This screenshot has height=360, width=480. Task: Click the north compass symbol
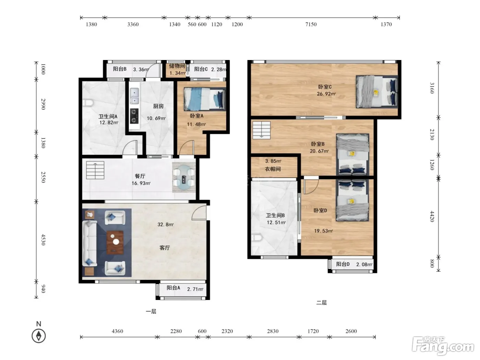click(39, 336)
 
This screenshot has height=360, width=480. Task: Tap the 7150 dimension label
click(311, 24)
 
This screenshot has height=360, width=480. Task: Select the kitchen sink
click(134, 96)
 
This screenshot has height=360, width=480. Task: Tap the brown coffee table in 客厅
click(115, 242)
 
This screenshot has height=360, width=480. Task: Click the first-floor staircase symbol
click(95, 170)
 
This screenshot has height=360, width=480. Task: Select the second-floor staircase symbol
click(261, 130)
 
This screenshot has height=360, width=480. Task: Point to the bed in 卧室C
click(377, 92)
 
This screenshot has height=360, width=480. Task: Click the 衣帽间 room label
click(273, 169)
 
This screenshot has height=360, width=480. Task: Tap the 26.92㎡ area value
click(326, 94)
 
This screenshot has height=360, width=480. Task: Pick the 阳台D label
click(343, 264)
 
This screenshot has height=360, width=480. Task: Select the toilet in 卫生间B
click(256, 238)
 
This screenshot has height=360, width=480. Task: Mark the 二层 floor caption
click(322, 302)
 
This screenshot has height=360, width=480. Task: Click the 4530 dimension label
click(43, 240)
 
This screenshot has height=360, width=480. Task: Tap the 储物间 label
click(177, 66)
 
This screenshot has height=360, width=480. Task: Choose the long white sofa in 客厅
click(89, 243)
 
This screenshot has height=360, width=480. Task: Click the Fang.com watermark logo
click(443, 345)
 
